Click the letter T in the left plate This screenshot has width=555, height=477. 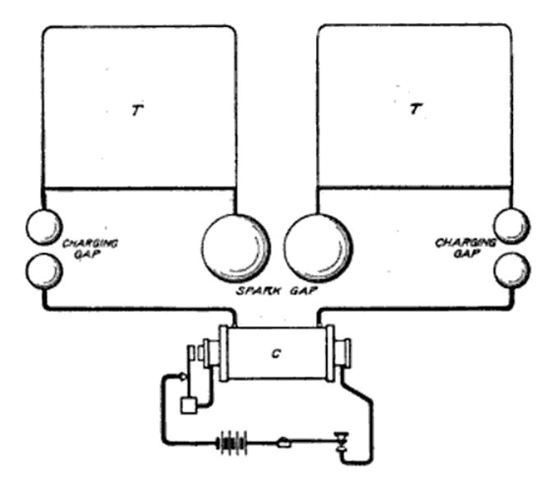pos(137,110)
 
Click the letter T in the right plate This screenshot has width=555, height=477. pos(416,108)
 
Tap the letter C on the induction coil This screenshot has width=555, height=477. pos(276,353)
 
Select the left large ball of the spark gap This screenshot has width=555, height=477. pos(236,248)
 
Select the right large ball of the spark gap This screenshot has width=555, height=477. pos(318,248)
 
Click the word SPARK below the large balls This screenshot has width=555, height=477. pos(259,291)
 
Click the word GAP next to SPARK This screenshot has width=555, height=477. pos(304,291)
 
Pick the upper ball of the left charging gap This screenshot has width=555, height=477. pos(44,227)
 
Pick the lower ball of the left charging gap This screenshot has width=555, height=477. pos(44,271)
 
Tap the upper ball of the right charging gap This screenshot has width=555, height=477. pos(511,226)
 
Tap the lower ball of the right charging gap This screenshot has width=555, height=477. pos(511,270)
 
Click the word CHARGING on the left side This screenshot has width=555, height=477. pos(90,244)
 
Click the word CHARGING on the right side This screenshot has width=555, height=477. pos(465,243)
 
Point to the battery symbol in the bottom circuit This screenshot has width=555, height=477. pos(232,443)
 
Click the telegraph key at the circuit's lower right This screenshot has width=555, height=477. pos(342,443)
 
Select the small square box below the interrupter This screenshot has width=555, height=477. pos(189,406)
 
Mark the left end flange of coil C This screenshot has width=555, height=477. pos(223,353)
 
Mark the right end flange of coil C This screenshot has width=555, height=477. pos(330,353)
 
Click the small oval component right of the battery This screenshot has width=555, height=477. pos(284,443)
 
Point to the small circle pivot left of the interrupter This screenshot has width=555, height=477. pos(182,377)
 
